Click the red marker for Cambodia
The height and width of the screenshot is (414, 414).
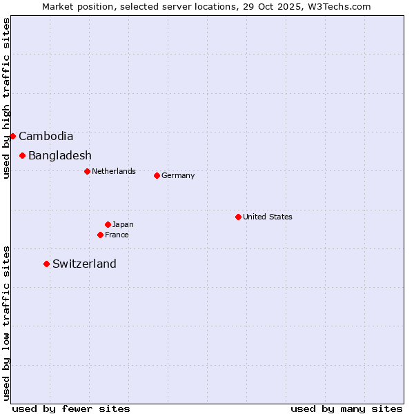[x=12, y=136]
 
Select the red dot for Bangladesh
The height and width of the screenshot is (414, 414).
[x=22, y=155]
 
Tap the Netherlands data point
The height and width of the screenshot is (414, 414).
[x=87, y=171]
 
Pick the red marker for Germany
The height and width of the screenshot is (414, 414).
[x=157, y=175]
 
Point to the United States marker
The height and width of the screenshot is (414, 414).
[x=238, y=217]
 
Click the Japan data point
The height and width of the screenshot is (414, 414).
[x=108, y=224]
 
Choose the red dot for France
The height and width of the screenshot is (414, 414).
[x=100, y=235]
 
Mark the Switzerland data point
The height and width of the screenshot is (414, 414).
[x=46, y=264]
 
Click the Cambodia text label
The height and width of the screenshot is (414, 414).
[x=46, y=137]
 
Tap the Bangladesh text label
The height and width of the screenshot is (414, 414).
[x=60, y=156]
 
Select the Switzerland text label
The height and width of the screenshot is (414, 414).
[x=84, y=264]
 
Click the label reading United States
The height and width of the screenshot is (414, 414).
[x=268, y=217]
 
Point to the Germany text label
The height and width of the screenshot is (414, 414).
[x=178, y=175]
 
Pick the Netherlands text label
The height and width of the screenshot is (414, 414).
[x=114, y=171]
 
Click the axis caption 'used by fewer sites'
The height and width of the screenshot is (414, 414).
[x=71, y=408]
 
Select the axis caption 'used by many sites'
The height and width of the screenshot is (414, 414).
[x=346, y=408]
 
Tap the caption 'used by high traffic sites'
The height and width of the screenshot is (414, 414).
[x=6, y=98]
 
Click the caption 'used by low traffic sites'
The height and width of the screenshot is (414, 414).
[x=6, y=322]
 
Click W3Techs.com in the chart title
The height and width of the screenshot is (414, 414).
[x=339, y=6]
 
